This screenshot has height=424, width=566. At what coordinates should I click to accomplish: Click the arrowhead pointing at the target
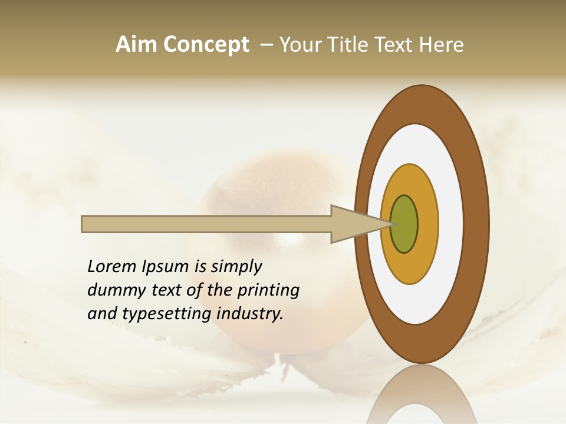pyautogui.click(x=354, y=224)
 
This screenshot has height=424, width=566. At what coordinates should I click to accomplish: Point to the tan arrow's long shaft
pyautogui.click(x=206, y=224)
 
